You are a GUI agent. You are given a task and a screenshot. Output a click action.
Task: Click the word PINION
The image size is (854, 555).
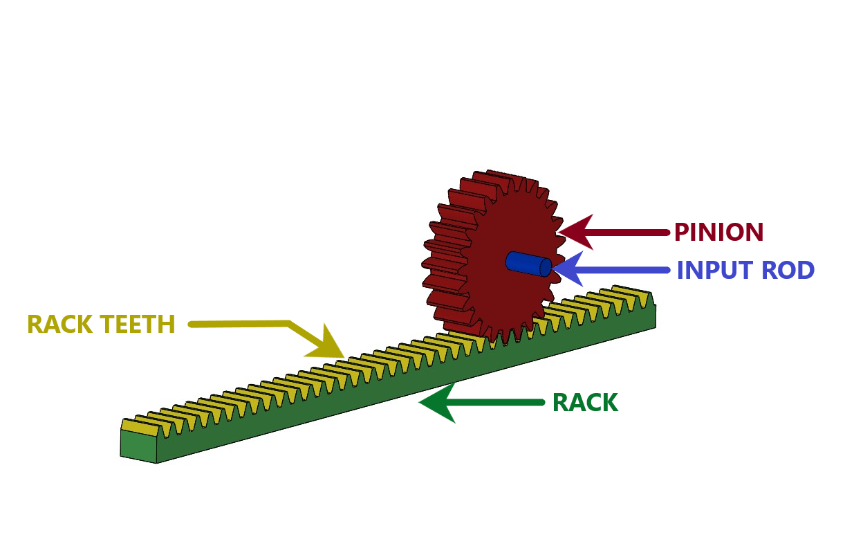(x=718, y=232)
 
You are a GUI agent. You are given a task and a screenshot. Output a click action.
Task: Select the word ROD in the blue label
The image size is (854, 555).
(x=788, y=271)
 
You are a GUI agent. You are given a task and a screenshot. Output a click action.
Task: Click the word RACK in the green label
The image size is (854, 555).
(x=584, y=403)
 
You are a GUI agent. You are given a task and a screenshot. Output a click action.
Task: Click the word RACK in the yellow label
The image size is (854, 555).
(x=59, y=324)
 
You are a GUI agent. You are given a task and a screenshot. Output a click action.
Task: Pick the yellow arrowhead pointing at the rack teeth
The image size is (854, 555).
(x=328, y=345)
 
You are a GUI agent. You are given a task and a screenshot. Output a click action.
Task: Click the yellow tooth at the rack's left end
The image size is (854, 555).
(x=138, y=427)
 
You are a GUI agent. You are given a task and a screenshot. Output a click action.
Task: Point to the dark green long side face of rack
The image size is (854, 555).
(x=387, y=394)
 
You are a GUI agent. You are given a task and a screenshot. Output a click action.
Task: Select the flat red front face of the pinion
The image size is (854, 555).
(x=512, y=298)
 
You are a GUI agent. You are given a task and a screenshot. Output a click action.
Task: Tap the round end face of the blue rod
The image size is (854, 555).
(x=545, y=267)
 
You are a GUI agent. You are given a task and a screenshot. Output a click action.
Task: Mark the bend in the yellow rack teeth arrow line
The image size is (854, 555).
(x=289, y=323)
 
